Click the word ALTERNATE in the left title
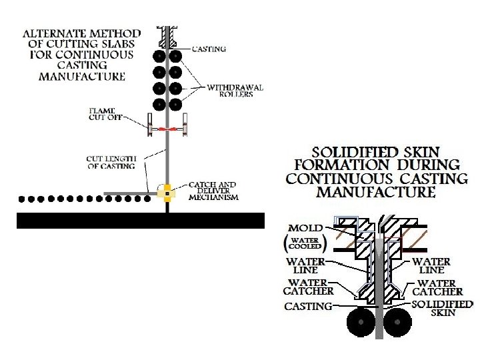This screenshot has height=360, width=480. [x=53, y=33]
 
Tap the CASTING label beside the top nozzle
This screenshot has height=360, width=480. [x=209, y=49]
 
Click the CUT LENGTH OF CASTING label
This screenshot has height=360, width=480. [x=111, y=162]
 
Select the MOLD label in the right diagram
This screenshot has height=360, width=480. [x=305, y=228]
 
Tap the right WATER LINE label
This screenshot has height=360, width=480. [x=431, y=266]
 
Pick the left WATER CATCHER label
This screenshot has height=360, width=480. [x=308, y=287]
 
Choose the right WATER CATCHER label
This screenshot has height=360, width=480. [x=437, y=287]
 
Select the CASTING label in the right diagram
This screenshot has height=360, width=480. [x=308, y=307]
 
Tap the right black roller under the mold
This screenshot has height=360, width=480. [x=399, y=322]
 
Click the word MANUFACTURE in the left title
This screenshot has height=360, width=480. [x=82, y=76]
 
